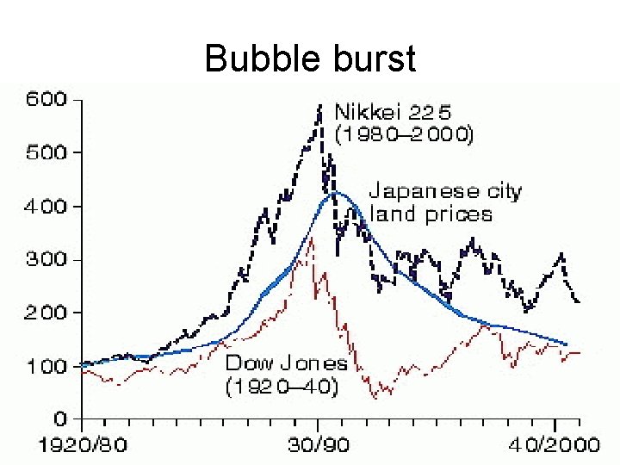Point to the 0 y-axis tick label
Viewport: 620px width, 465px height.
[x=60, y=419]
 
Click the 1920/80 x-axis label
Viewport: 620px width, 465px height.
[x=83, y=448]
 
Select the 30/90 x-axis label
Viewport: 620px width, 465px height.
[x=319, y=448]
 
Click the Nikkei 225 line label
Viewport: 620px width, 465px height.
[x=393, y=112]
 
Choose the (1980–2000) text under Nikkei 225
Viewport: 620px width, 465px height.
[x=404, y=135]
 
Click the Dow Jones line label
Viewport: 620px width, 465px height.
[x=286, y=363]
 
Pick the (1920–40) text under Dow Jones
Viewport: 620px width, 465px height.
[x=282, y=387]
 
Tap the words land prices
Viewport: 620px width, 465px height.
[x=431, y=214]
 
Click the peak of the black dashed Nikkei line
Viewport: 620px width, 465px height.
[x=320, y=107]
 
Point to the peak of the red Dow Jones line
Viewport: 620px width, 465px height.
[x=311, y=239]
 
